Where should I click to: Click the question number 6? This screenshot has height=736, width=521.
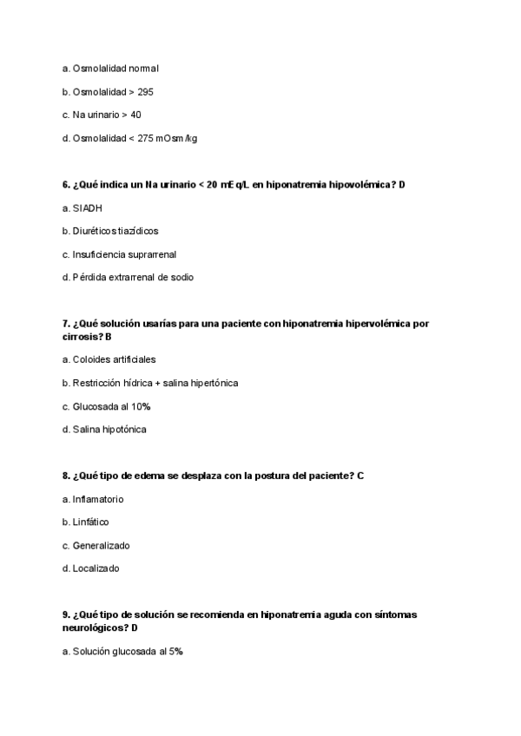(x=66, y=185)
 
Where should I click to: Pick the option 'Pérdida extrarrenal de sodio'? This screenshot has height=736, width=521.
(x=128, y=278)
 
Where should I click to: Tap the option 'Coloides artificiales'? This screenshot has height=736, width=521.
(x=114, y=359)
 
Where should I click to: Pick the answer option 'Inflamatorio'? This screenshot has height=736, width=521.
(x=97, y=499)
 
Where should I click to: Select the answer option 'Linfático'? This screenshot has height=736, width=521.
(x=90, y=522)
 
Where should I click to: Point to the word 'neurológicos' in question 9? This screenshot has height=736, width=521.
(x=95, y=628)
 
